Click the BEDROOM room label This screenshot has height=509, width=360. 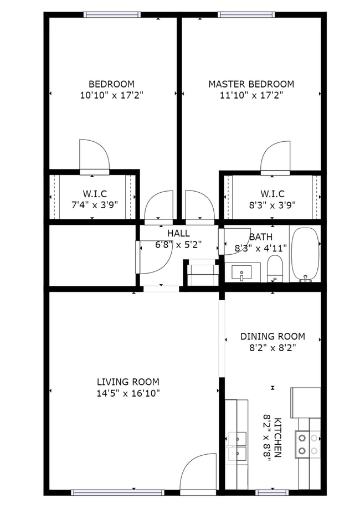pyautogui.click(x=111, y=84)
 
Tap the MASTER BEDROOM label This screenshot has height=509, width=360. pyautogui.click(x=251, y=84)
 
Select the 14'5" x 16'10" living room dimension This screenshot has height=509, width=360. pyautogui.click(x=128, y=393)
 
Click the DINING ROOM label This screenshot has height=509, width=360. pyautogui.click(x=272, y=336)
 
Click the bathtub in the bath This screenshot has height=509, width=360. pyautogui.click(x=305, y=254)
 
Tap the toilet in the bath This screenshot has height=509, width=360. pyautogui.click(x=275, y=269)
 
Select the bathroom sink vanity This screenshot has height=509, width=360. pyautogui.click(x=241, y=273)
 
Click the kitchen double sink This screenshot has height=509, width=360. pyautogui.click(x=236, y=447)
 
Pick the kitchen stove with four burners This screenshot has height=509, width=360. pyautogui.click(x=308, y=444)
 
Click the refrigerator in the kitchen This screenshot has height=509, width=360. pyautogui.click(x=306, y=403)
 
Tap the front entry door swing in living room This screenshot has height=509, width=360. pyautogui.click(x=198, y=472)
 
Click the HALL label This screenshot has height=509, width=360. pyautogui.click(x=178, y=234)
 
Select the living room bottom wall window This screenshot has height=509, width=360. pyautogui.click(x=118, y=492)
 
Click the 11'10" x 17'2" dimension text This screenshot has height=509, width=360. pyautogui.click(x=251, y=95)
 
